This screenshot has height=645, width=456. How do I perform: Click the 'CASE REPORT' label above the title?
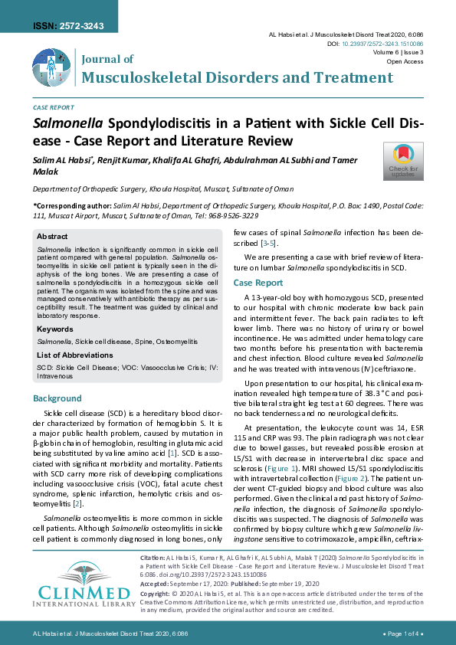click(x=53, y=108)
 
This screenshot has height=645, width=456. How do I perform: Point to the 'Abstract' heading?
click(x=52, y=237)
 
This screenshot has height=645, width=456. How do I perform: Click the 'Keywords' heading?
click(x=55, y=329)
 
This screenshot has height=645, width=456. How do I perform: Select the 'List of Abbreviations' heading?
click(x=74, y=355)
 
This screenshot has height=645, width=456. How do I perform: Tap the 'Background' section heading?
click(x=57, y=398)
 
